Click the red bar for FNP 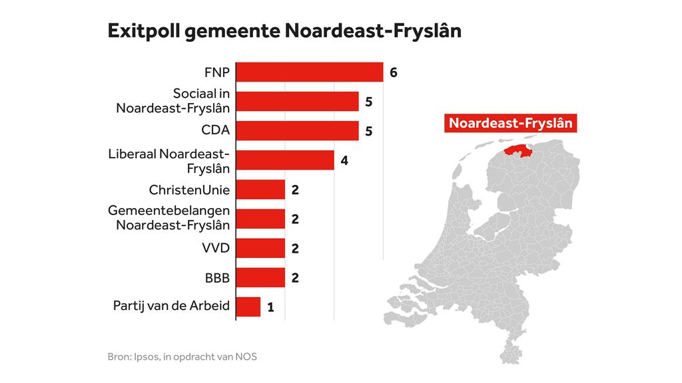click(310, 72)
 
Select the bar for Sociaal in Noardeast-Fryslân click(298, 102)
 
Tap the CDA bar click(298, 131)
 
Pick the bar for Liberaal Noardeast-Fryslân click(285, 160)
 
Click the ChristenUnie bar click(260, 190)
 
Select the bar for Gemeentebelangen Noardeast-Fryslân click(260, 219)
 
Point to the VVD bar click(260, 249)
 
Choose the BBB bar click(260, 278)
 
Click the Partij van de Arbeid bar click(248, 307)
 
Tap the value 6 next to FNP click(394, 72)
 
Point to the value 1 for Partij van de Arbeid click(270, 308)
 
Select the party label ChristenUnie click(189, 190)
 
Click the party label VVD click(216, 249)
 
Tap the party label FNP click(217, 72)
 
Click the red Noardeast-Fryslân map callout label click(511, 123)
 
